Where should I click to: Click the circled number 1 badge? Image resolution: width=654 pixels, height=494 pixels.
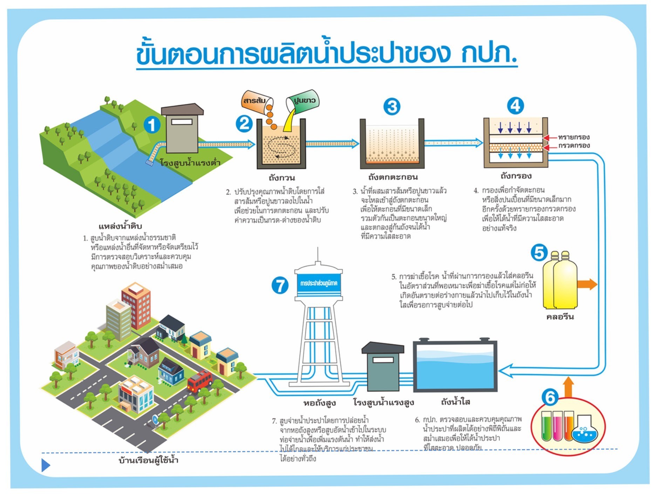click(152, 125)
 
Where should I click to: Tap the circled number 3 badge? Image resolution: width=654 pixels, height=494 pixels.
click(392, 107)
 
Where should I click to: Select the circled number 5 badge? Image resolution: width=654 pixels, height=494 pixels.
click(539, 252)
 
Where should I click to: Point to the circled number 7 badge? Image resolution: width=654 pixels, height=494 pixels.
click(280, 285)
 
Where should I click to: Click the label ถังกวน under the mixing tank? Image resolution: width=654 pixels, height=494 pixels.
click(282, 178)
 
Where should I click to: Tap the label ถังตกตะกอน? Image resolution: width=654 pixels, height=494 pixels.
click(393, 177)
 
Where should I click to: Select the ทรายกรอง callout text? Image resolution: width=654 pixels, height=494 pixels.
click(574, 137)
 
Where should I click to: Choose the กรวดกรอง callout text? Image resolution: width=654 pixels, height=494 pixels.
click(574, 146)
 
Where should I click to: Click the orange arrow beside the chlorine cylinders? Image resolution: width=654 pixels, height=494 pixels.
click(587, 284)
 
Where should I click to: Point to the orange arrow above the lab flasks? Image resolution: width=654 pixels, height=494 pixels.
click(568, 387)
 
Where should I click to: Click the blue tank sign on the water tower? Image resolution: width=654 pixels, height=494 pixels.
click(319, 283)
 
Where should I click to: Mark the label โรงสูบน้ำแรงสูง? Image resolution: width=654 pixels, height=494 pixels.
click(383, 402)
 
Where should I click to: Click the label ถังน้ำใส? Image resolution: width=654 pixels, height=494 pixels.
click(455, 402)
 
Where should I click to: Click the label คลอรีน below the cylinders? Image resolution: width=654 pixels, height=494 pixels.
click(560, 317)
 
